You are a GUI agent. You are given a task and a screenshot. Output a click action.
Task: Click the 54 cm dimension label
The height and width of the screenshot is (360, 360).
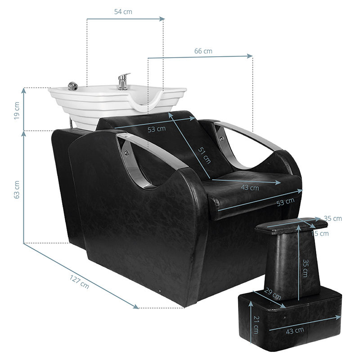123,12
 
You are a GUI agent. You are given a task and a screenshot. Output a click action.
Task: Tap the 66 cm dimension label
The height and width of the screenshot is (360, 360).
203,51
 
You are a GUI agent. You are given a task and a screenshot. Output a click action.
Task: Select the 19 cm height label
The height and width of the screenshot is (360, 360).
17,110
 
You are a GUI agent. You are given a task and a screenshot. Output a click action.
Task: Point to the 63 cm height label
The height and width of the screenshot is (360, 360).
17,189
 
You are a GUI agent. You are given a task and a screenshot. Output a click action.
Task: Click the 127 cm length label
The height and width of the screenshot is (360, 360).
79,282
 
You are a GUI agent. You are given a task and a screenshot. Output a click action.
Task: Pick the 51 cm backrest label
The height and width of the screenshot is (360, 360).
204,156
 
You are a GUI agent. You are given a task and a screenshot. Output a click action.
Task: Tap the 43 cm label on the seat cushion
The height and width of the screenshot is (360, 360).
250,188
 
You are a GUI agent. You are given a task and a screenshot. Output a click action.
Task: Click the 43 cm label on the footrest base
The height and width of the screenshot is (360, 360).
295,331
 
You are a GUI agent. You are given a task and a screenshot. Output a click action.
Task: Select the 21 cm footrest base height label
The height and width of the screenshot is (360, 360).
256,324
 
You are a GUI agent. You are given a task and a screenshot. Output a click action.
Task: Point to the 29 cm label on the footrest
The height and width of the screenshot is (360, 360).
273,294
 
